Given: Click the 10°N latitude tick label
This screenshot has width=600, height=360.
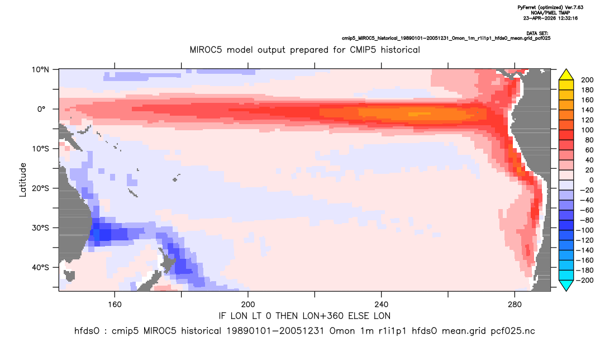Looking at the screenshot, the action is pyautogui.click(x=40, y=70).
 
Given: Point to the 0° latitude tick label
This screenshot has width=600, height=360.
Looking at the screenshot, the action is pyautogui.click(x=41, y=109).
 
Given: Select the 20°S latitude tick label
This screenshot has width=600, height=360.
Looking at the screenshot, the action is pyautogui.click(x=40, y=188).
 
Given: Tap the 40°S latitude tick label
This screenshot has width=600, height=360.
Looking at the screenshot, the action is pyautogui.click(x=40, y=267).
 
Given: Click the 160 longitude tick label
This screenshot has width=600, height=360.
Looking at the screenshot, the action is pyautogui.click(x=115, y=305).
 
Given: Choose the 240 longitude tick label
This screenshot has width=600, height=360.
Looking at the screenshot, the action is pyautogui.click(x=382, y=305).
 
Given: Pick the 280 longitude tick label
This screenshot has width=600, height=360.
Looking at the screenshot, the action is pyautogui.click(x=515, y=305).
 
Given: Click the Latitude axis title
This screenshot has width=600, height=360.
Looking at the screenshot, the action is pyautogui.click(x=23, y=180).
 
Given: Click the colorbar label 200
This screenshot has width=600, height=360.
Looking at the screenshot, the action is pyautogui.click(x=587, y=80).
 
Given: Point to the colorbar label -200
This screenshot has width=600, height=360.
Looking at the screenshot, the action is pyautogui.click(x=585, y=280).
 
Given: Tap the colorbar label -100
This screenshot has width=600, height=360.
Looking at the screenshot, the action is pyautogui.click(x=585, y=230).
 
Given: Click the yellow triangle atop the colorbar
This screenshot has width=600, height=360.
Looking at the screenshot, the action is pyautogui.click(x=566, y=75).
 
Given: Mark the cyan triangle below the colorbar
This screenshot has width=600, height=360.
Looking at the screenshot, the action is pyautogui.click(x=566, y=285).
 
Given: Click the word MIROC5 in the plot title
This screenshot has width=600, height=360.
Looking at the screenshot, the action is pyautogui.click(x=207, y=50).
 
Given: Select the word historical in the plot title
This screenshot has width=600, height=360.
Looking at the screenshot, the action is pyautogui.click(x=401, y=50).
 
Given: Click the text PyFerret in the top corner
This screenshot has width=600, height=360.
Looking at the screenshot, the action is pyautogui.click(x=530, y=8).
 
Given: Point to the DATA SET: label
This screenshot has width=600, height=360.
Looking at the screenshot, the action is pyautogui.click(x=537, y=34).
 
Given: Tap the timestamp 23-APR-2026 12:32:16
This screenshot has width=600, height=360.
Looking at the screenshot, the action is pyautogui.click(x=551, y=18).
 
